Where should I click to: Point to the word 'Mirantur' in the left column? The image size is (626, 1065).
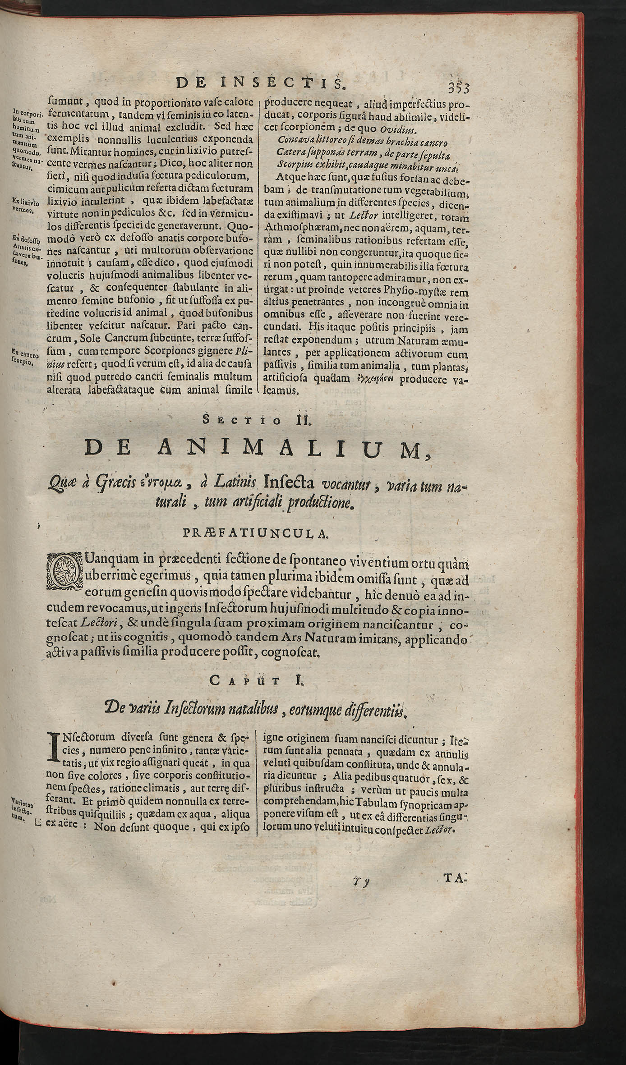(x=89, y=147)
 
